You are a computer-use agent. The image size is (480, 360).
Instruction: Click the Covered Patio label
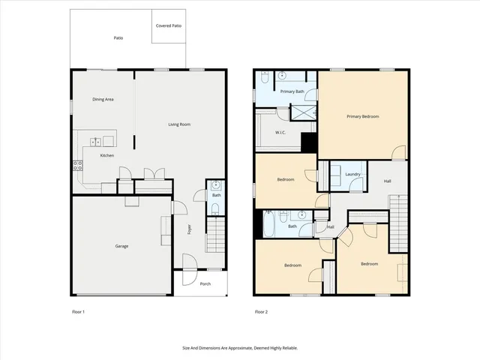168,25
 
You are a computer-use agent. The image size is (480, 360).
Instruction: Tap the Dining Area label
103,99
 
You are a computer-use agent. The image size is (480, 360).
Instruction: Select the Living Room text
178,124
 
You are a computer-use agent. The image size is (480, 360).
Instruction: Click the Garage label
121,246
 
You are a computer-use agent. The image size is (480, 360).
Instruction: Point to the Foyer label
190,231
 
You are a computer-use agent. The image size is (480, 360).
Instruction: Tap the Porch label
205,283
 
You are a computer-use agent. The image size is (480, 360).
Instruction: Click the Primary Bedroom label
362,116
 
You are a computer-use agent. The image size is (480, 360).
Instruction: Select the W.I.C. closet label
280,133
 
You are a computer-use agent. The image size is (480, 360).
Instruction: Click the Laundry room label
353,175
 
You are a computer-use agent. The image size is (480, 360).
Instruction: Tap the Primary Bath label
292,91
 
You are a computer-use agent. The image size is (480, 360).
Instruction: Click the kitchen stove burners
77,167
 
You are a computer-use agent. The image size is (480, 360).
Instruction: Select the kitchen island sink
97,141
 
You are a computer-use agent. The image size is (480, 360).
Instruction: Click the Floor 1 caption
78,311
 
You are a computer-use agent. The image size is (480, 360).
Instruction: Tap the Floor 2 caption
261,311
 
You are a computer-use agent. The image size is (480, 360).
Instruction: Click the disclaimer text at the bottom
240,348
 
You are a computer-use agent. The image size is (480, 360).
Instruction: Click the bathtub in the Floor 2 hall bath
269,225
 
